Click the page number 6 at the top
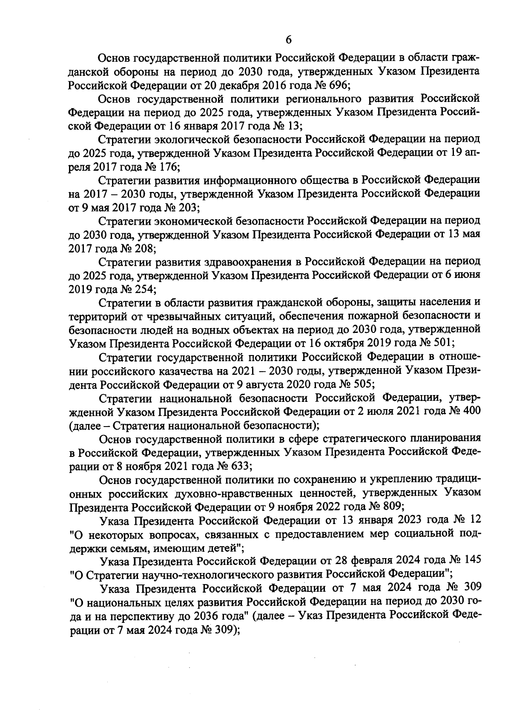coord(288,40)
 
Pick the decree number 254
coord(146,289)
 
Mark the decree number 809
coord(393,506)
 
